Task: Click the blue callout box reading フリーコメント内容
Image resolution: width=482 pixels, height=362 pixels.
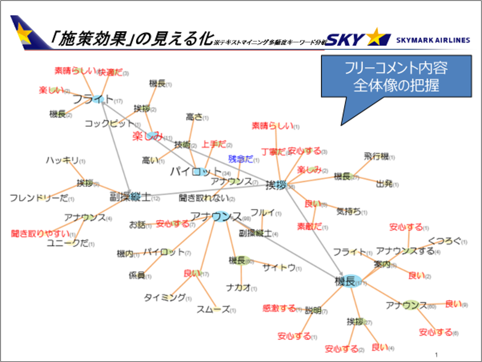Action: (x=396, y=77)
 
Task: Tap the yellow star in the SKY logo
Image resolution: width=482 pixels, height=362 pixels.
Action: (x=376, y=37)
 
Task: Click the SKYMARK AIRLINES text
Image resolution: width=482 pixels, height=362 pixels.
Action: (x=433, y=40)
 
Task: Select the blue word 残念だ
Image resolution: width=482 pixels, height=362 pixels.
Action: (x=241, y=159)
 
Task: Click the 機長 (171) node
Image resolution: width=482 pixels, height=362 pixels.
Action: (x=345, y=281)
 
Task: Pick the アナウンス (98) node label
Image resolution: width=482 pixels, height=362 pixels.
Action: (x=216, y=216)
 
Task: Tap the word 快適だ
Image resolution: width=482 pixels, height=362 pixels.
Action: (x=110, y=72)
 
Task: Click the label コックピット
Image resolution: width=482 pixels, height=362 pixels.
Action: (x=109, y=124)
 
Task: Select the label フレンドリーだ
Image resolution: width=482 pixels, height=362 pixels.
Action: (x=39, y=199)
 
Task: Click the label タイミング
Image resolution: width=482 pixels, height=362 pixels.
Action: (x=165, y=297)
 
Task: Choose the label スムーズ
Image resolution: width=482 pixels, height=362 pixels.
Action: (x=213, y=309)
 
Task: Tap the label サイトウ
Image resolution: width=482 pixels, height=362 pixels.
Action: (x=279, y=268)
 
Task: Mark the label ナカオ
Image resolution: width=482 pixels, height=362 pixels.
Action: (x=238, y=287)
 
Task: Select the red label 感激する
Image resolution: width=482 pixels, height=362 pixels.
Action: (x=279, y=308)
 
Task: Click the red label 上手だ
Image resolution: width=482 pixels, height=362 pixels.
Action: (x=214, y=144)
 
